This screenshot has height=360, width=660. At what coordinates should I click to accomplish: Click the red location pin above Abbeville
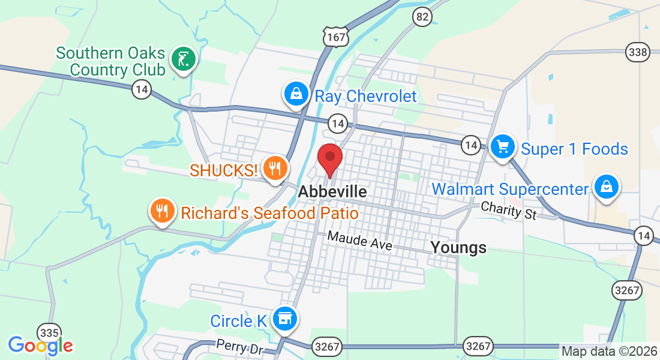[x=329, y=158]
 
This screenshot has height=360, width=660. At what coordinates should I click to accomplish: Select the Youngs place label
[x=458, y=247]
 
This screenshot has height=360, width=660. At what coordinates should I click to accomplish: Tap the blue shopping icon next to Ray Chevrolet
[x=296, y=94]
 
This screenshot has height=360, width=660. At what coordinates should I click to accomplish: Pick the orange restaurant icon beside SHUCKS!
[x=275, y=169]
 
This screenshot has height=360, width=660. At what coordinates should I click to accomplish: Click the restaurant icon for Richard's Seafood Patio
[x=162, y=211]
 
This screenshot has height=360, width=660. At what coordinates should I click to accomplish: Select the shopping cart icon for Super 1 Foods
[x=503, y=146]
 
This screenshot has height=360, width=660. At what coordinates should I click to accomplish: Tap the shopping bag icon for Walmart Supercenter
[x=607, y=187]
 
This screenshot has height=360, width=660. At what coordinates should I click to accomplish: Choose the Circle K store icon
[x=284, y=318]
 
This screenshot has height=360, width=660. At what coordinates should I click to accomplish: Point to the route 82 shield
[x=422, y=16]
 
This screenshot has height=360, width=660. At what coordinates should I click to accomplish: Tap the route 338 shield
[x=637, y=52]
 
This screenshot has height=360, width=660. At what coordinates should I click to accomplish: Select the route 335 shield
[x=48, y=332]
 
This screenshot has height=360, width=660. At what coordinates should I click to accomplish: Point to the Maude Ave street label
[x=359, y=241]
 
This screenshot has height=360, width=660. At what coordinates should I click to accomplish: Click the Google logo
[x=40, y=345]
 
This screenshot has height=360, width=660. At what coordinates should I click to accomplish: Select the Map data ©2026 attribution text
[x=609, y=352]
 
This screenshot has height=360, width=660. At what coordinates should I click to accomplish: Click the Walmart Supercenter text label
[x=510, y=190]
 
